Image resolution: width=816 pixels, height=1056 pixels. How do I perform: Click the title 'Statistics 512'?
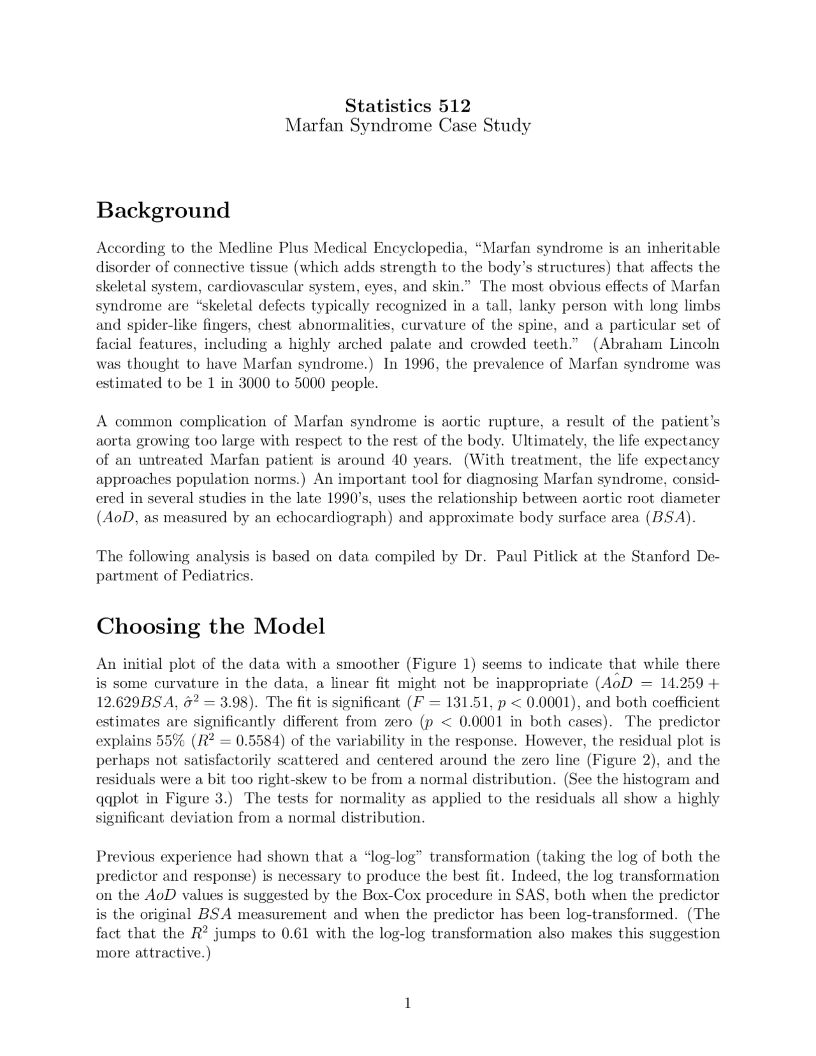click(407, 105)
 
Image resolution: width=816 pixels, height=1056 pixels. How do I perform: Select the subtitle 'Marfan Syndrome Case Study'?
click(407, 125)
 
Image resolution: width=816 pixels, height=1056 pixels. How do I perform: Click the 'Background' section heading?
click(163, 210)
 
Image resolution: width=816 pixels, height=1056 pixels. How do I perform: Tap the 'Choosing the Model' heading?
click(210, 626)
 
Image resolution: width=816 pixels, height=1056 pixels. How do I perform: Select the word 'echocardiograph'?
click(331, 518)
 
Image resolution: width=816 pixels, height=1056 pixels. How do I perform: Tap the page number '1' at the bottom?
click(407, 1004)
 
